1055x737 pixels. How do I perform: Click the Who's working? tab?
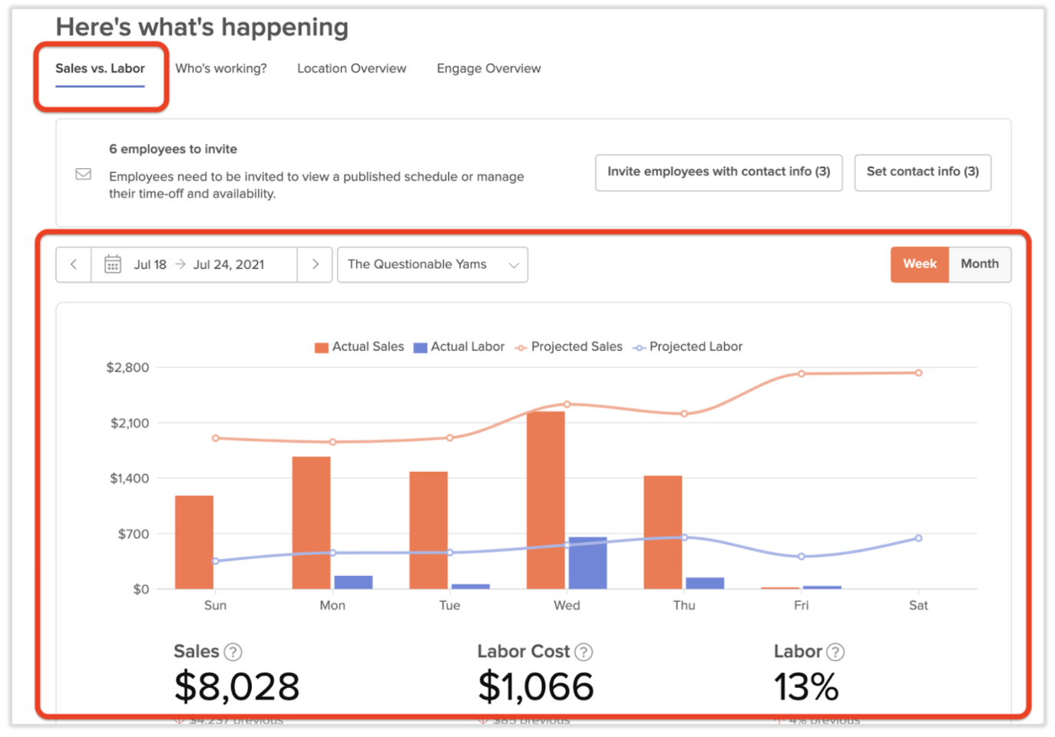220,68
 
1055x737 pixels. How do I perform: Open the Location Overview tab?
352,68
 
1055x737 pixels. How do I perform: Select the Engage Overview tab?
488,68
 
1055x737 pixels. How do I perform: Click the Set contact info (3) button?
922,172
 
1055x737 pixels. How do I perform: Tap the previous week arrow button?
74,264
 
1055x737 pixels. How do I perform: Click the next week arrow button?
315,264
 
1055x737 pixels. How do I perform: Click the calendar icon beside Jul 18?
113,264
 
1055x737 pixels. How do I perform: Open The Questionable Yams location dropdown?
432,264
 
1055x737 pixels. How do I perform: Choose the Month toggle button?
980,264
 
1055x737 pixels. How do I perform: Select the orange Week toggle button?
919,264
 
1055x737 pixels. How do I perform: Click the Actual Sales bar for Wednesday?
545,500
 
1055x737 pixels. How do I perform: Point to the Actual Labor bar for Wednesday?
587,563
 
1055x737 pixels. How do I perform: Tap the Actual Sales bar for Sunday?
194,542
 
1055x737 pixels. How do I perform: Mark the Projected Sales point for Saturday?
918,373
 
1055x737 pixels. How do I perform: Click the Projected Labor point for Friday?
801,557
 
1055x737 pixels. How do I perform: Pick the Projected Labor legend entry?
688,347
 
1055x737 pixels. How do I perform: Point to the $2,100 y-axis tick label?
130,423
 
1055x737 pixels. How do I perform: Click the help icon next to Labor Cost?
584,652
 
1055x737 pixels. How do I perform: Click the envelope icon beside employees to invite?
84,174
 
